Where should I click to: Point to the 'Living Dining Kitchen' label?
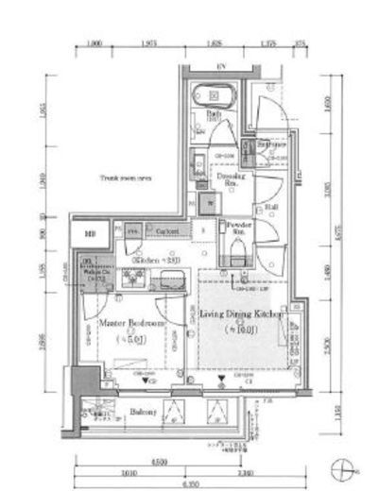(x=240, y=315)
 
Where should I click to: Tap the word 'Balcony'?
(x=115, y=412)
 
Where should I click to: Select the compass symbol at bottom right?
(x=344, y=466)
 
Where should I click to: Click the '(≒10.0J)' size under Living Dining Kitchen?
(x=240, y=330)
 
